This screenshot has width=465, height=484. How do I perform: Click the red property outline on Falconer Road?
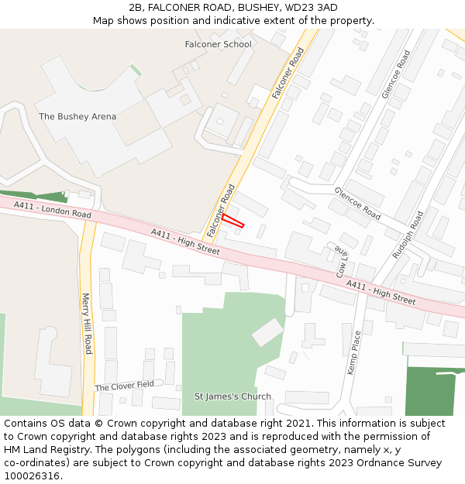point(233,221)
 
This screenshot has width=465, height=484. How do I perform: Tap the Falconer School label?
point(218,44)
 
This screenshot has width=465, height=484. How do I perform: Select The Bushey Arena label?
point(77,117)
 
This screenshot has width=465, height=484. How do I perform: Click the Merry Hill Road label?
point(87,323)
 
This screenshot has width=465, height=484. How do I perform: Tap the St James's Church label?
point(232,396)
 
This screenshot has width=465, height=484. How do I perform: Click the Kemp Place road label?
point(354,353)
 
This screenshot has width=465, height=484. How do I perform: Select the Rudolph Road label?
point(408,234)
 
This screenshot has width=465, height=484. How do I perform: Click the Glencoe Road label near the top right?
point(396,74)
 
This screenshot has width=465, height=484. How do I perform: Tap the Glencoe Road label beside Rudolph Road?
point(357,202)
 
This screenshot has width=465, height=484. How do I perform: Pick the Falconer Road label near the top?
point(288,73)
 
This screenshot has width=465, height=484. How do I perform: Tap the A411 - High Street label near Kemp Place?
point(381,292)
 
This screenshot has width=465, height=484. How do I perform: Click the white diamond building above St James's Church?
point(267,332)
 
